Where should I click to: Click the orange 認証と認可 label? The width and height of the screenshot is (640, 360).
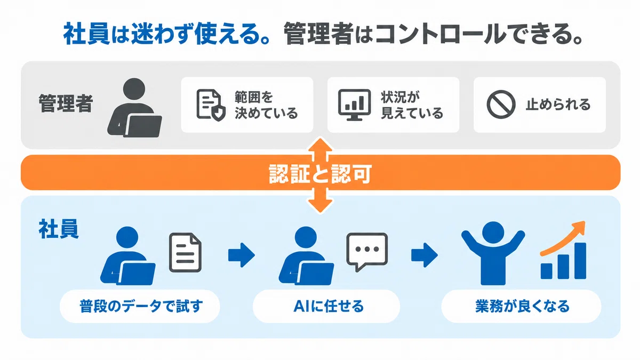click(320, 173)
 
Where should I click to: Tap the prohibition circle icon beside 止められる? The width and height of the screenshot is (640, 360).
click(501, 105)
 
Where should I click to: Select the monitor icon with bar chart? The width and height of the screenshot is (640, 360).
click(354, 105)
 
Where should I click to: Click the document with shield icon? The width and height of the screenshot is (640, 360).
click(211, 105)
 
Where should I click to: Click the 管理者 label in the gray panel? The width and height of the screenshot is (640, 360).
click(66, 103)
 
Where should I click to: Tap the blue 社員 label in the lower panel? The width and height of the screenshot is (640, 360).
click(59, 229)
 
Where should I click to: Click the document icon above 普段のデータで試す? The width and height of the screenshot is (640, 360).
click(185, 252)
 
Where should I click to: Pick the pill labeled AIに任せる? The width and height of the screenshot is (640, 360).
click(326, 306)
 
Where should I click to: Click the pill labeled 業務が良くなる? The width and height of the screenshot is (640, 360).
click(522, 306)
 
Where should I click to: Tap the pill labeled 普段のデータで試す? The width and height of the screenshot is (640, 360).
click(140, 306)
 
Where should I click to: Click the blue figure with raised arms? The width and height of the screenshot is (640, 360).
click(493, 253)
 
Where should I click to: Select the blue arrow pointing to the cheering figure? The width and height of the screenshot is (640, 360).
click(425, 255)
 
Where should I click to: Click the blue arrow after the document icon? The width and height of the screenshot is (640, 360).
click(242, 255)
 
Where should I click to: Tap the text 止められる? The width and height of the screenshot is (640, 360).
click(558, 105)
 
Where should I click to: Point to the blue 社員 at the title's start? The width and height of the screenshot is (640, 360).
click(86, 34)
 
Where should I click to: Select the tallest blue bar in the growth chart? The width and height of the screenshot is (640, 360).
click(580, 261)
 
